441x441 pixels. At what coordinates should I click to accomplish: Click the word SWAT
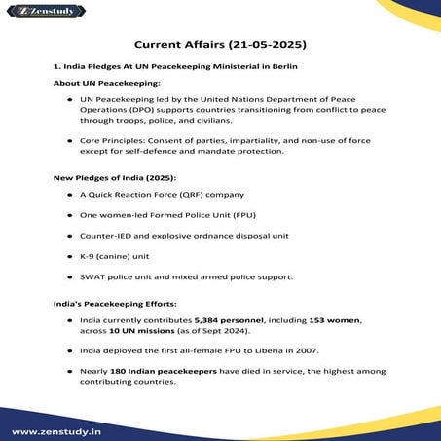pos(96,276)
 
